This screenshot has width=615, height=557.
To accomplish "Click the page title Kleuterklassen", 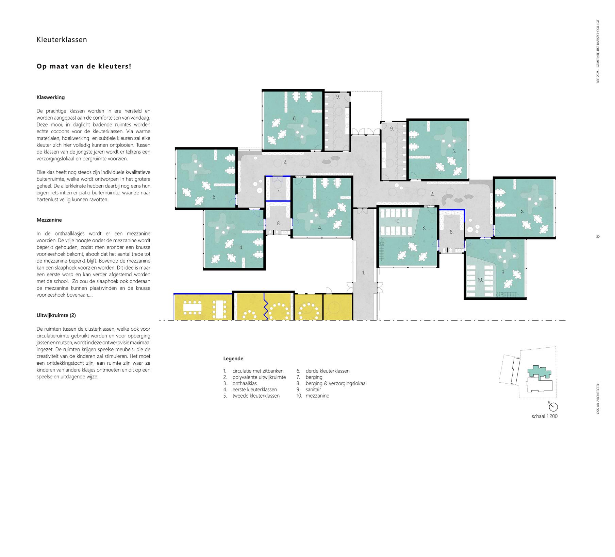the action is point(62,40).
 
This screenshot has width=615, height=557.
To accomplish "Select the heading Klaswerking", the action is point(51,98).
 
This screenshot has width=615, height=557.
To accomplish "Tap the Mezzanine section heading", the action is point(49,220).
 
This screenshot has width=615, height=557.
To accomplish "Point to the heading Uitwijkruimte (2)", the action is point(56,315).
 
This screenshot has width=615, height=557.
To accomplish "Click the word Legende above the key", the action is point(233,359).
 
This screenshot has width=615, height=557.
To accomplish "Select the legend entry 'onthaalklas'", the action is point(245,383).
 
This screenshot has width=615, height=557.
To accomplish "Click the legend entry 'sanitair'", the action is point(313,389).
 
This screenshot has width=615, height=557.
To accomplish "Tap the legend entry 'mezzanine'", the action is point(317,396).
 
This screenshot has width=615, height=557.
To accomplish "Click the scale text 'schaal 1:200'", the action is point(545,416).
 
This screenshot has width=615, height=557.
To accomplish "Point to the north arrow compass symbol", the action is point(553,407).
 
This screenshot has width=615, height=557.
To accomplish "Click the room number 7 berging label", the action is point(278,191).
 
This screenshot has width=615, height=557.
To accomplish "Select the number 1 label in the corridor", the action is point(363,273).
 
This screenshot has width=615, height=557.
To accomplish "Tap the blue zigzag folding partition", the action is point(265,307).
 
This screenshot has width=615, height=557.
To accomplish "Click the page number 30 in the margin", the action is point(598,237).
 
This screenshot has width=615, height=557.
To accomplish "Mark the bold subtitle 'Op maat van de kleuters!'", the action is point(84,66).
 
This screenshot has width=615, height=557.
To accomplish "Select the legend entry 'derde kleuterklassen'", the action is point(328,371).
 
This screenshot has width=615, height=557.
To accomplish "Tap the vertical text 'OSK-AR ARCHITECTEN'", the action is point(598,398).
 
